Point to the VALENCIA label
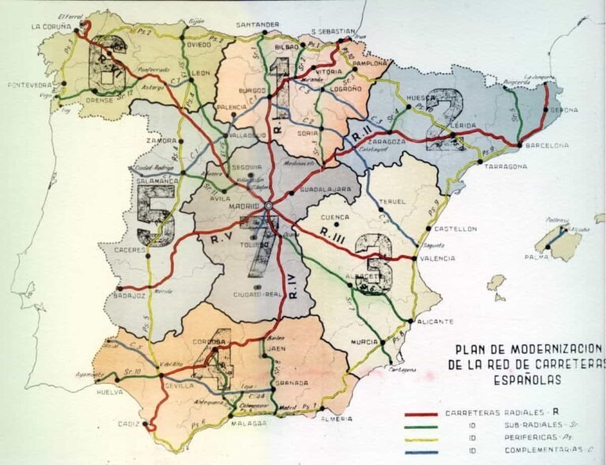(x=436, y=258)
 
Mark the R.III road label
(x=333, y=231)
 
